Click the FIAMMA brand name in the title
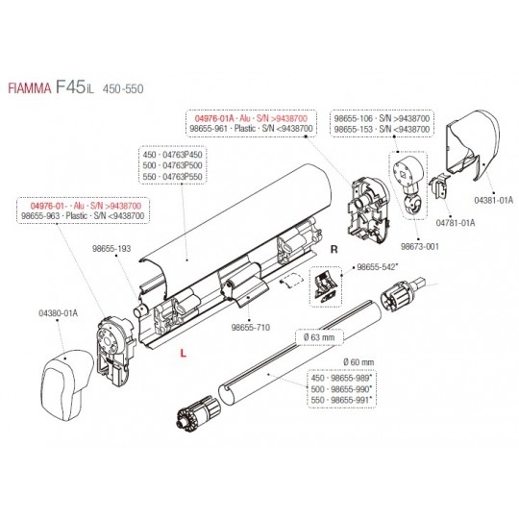pyautogui.click(x=30, y=88)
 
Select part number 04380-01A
pyautogui.click(x=59, y=313)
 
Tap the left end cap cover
pyautogui.click(x=68, y=386)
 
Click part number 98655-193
pyautogui.click(x=111, y=249)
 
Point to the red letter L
pyautogui.click(x=183, y=354)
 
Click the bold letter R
pyautogui.click(x=334, y=249)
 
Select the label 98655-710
pyautogui.click(x=251, y=328)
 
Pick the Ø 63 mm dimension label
pyautogui.click(x=319, y=337)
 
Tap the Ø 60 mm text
pyautogui.click(x=358, y=362)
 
